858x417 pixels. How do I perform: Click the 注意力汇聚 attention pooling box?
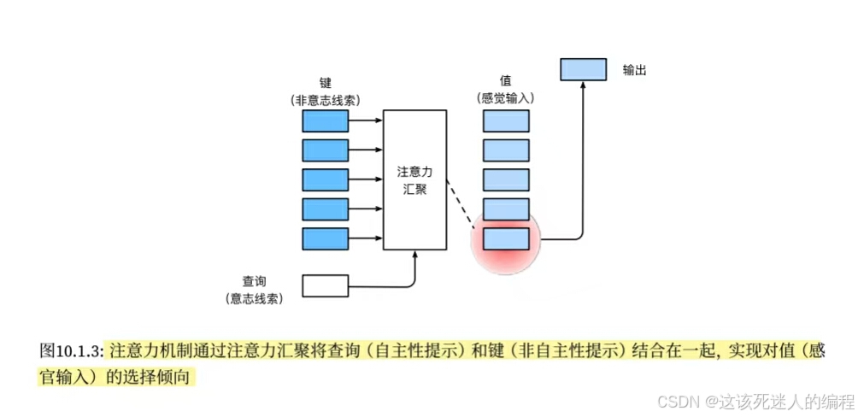(x=414, y=179)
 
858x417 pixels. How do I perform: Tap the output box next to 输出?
(x=583, y=69)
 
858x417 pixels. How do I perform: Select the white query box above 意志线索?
(x=326, y=285)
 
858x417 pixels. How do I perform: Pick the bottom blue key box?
(x=326, y=238)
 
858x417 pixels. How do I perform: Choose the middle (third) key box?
(x=326, y=179)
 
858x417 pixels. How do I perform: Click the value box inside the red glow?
(x=506, y=238)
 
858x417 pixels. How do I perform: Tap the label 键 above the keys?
(x=325, y=83)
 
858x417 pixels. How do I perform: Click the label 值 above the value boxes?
(x=505, y=83)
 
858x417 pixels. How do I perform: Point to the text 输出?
(x=634, y=69)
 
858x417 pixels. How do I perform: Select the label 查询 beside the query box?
(x=254, y=280)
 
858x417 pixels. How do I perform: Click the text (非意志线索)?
(x=325, y=99)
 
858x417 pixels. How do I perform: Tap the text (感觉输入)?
(x=505, y=99)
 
